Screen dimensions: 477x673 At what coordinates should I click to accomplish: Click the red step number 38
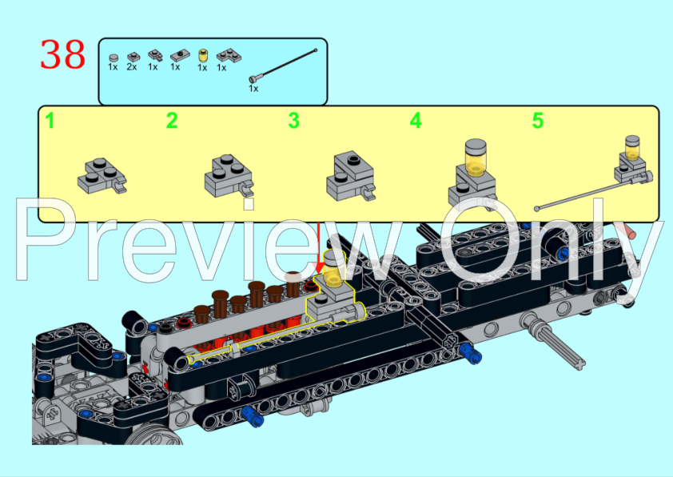[x=63, y=54]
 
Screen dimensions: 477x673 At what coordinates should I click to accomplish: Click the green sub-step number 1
[x=50, y=121]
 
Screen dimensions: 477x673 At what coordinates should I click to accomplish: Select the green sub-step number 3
[x=293, y=121]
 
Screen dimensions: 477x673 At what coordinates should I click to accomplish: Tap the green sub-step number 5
[x=537, y=121]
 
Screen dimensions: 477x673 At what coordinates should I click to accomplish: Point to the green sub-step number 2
[x=172, y=121]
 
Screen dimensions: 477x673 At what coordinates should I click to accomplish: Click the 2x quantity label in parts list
[x=132, y=67]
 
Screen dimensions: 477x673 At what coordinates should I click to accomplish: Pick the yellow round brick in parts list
[x=202, y=56]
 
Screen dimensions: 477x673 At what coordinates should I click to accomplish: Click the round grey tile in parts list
[x=113, y=57]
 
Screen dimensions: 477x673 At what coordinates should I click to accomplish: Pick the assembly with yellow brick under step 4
[x=471, y=170]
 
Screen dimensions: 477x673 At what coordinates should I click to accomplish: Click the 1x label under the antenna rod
[x=253, y=89]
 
